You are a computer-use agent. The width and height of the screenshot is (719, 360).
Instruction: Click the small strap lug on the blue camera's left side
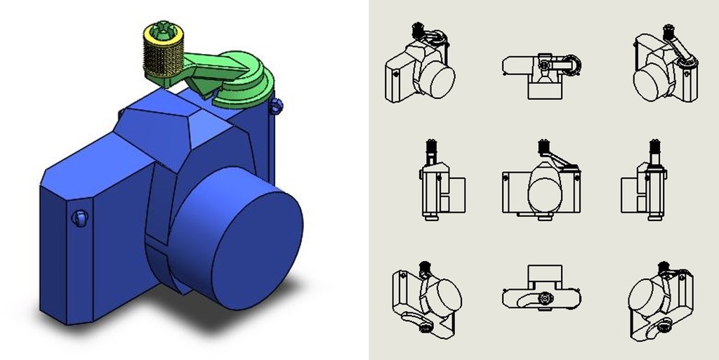click(80, 218)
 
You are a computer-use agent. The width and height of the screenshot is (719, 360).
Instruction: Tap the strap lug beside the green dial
click(277, 107)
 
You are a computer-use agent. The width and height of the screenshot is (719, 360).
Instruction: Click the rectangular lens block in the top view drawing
click(544, 88)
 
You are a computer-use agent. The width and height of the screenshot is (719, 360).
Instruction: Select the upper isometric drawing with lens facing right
click(420, 67)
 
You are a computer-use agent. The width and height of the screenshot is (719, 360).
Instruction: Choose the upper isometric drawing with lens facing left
click(665, 67)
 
